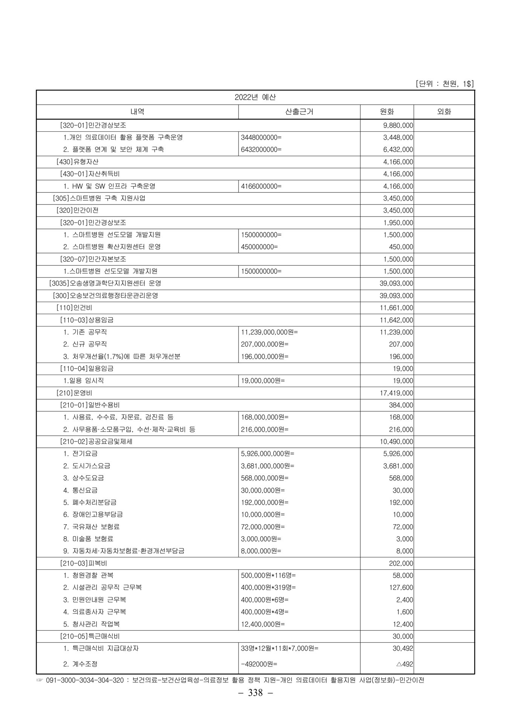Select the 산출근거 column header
pyautogui.click(x=299, y=112)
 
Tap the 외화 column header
pyautogui.click(x=444, y=112)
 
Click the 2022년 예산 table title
pyautogui.click(x=255, y=97)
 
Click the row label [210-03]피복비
pyautogui.click(x=84, y=564)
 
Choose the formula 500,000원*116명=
pyautogui.click(x=268, y=575)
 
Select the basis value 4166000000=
pyautogui.click(x=261, y=186)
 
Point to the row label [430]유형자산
pyautogui.click(x=77, y=162)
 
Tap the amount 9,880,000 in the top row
pyautogui.click(x=398, y=125)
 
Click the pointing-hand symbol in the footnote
pyautogui.click(x=40, y=680)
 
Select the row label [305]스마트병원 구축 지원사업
pyautogui.click(x=99, y=198)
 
